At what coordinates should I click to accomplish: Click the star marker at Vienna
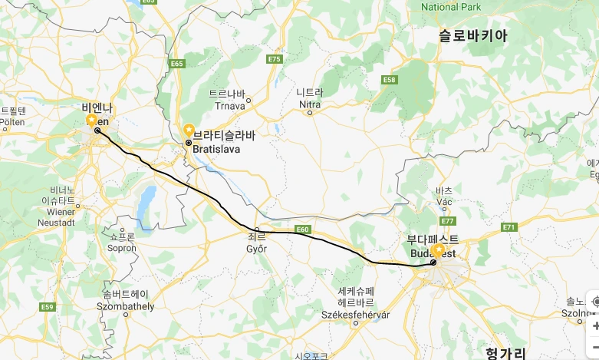[91, 120]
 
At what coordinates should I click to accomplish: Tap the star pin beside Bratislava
[189, 130]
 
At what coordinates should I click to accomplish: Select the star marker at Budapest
[438, 250]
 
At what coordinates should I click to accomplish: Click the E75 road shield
[275, 59]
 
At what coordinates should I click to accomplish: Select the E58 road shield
[390, 79]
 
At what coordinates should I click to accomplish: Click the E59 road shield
[48, 307]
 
